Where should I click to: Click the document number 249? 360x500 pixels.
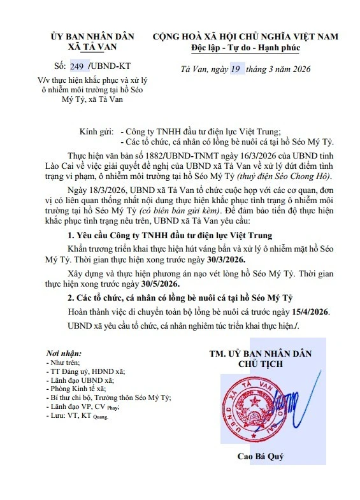pos(77,66)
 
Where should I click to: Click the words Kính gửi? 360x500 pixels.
pos(96,131)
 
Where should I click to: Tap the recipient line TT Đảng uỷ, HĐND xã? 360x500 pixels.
pos(86,370)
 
